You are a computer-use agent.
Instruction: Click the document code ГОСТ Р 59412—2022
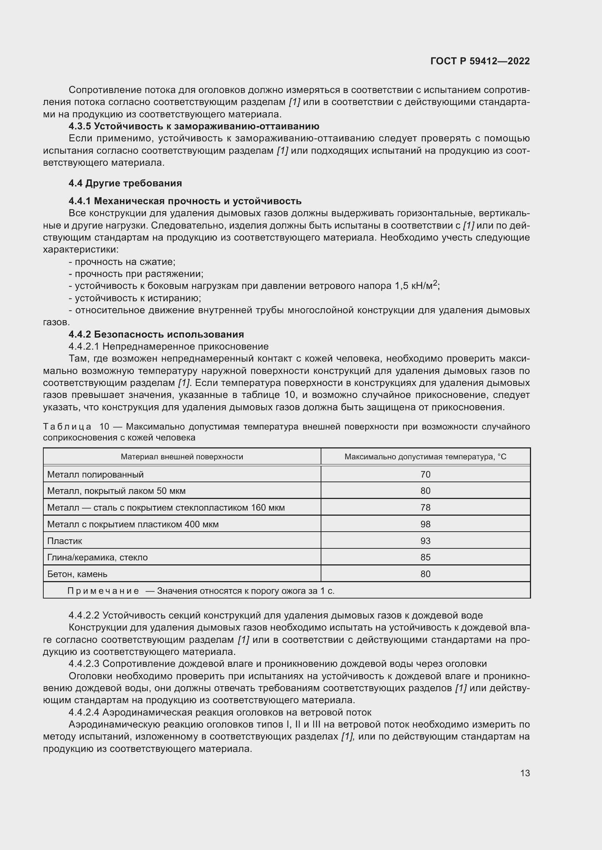point(480,61)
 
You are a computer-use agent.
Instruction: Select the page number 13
point(525,773)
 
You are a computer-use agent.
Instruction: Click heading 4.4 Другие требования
point(125,183)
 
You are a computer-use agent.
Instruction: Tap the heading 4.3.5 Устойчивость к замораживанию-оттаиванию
point(194,126)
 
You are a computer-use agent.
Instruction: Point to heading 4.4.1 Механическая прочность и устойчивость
point(185,201)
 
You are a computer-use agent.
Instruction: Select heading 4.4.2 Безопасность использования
point(156,334)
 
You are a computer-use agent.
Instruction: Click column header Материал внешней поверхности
point(182,457)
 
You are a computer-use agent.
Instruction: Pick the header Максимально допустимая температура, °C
point(425,457)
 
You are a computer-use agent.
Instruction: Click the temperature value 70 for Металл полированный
point(425,475)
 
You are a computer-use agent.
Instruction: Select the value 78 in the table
point(425,508)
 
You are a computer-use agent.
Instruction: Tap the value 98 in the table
point(425,524)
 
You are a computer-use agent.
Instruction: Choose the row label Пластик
point(64,541)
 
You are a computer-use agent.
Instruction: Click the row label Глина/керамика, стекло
point(97,557)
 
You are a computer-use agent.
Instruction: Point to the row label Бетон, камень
point(77,574)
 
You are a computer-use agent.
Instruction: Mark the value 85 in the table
point(425,557)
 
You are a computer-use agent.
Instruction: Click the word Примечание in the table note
point(103,591)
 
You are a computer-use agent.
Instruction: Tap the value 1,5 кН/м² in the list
point(416,286)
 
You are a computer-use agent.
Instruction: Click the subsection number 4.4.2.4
point(84,712)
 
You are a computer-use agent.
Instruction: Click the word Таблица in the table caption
point(67,427)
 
